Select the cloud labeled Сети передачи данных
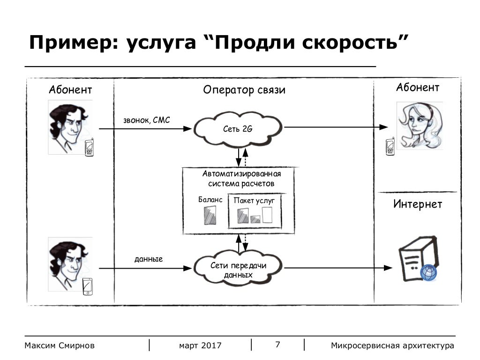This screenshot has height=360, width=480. tap(239, 270)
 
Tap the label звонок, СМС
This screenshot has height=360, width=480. tap(147, 120)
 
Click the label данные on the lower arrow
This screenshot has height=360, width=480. tap(149, 259)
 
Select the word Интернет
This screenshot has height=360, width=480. tap(417, 204)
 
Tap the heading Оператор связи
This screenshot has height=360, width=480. tap(244, 90)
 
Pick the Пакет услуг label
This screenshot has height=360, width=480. tap(254, 201)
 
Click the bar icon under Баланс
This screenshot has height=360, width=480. tap(209, 216)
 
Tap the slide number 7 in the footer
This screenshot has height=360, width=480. tap(277, 345)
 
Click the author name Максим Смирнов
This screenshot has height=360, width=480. tap(60, 346)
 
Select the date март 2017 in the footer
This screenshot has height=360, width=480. tap(200, 346)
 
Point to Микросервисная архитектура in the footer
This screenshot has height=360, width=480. tap(392, 346)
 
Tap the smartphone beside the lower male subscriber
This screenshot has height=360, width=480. tap(87, 286)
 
